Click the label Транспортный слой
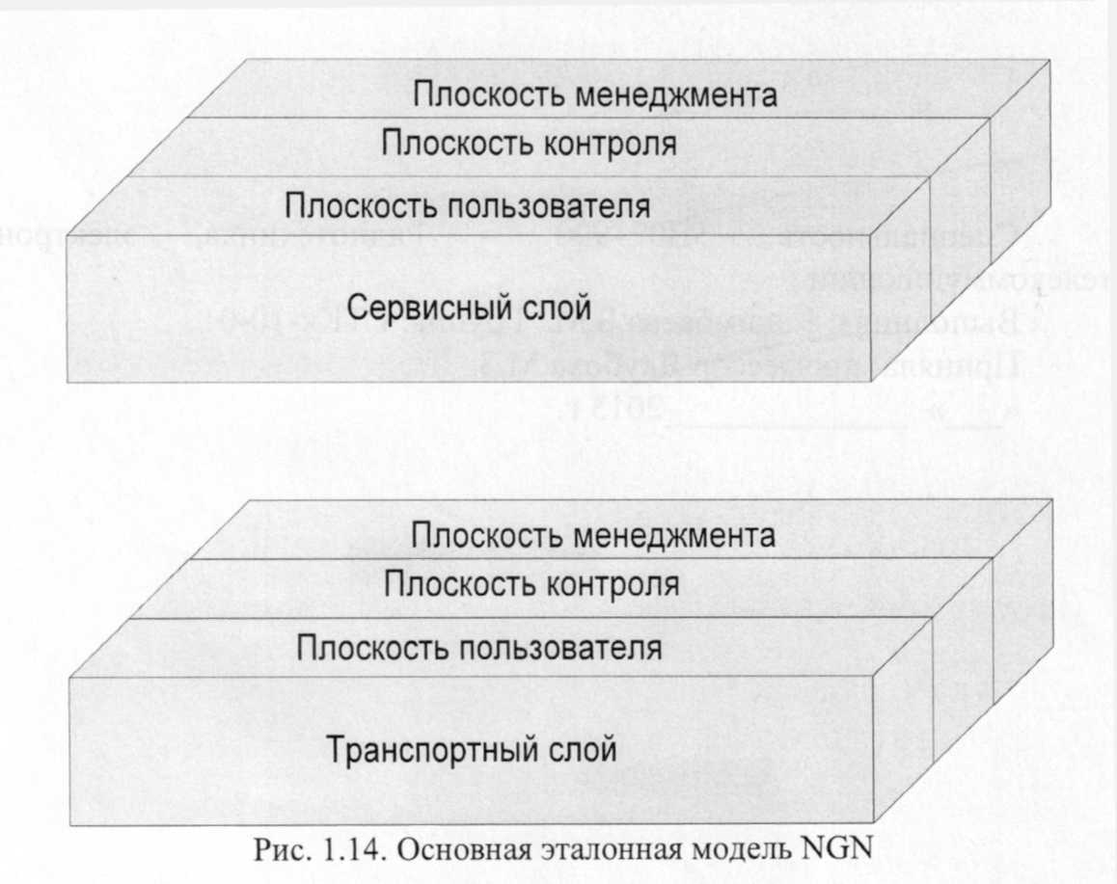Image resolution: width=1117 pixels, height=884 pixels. (472, 749)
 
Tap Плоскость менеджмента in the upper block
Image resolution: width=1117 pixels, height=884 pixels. (595, 96)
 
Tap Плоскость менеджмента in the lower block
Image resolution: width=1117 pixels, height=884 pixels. (593, 536)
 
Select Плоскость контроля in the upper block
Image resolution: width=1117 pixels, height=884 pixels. (528, 145)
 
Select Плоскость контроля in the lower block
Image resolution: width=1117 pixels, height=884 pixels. (531, 584)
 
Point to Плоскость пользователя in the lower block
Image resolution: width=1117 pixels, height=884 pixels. (479, 648)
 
